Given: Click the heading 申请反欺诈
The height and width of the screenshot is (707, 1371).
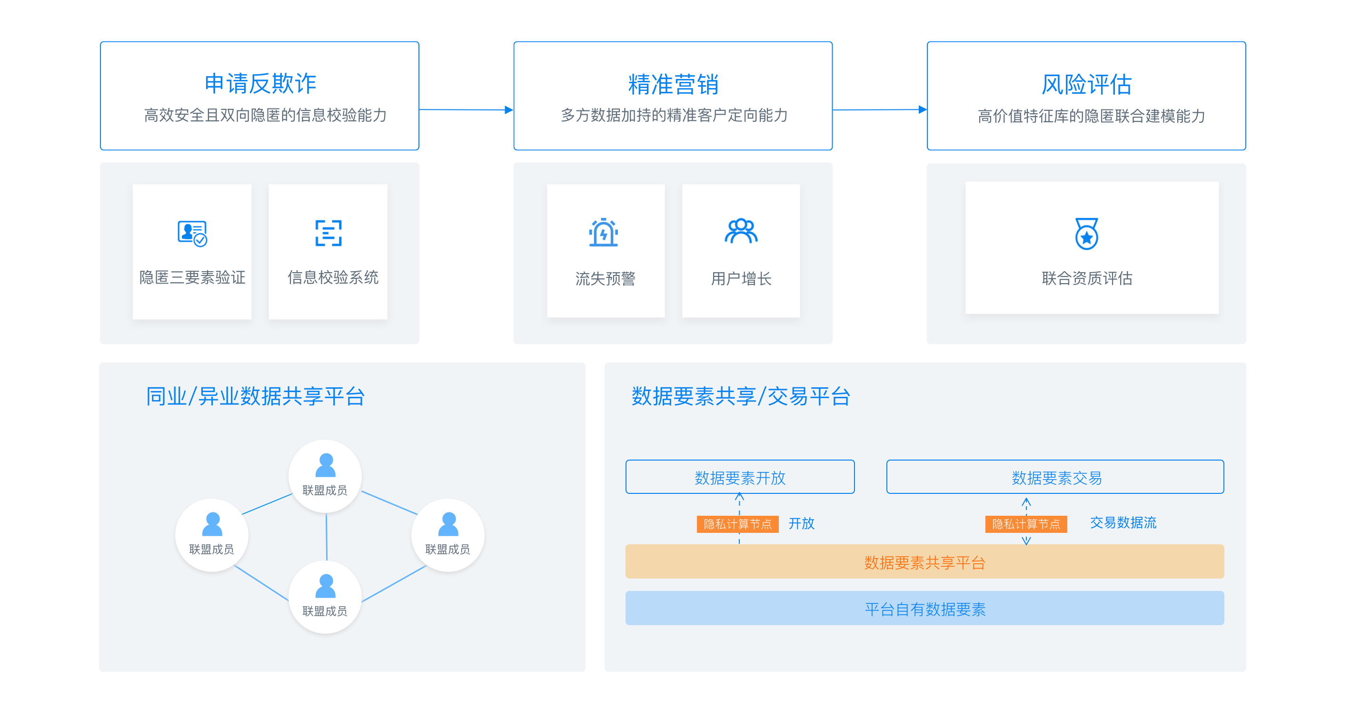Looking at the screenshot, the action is click(x=260, y=84).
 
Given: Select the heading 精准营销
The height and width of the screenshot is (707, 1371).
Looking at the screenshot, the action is click(x=673, y=84).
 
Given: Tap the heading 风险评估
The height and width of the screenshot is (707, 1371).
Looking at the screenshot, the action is click(x=1086, y=84).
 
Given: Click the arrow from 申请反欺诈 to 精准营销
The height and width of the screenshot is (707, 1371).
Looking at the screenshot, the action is click(x=466, y=110).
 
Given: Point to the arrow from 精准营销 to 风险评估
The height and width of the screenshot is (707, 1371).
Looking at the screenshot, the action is click(x=880, y=110).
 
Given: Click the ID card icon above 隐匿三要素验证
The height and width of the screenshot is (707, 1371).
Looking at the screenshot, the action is click(x=192, y=234).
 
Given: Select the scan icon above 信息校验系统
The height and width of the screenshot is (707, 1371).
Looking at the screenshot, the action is click(x=328, y=233).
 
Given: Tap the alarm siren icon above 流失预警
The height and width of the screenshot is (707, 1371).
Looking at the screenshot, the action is click(x=604, y=232).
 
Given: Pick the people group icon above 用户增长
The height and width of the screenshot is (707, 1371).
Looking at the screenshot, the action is click(x=741, y=231).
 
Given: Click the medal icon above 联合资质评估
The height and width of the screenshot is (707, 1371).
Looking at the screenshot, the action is click(x=1087, y=234).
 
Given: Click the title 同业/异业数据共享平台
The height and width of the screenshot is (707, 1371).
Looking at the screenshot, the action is click(x=256, y=396).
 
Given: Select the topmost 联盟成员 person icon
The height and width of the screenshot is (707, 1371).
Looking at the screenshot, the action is click(x=325, y=465).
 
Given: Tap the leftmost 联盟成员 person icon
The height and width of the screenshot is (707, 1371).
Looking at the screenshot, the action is click(x=212, y=524).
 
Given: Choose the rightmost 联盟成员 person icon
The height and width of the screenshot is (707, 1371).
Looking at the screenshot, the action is click(x=448, y=524).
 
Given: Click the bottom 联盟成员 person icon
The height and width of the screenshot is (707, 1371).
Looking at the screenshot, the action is click(x=325, y=586).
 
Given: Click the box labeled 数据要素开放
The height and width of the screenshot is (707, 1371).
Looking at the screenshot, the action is click(x=740, y=477).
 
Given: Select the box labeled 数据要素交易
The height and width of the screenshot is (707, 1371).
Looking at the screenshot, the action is click(x=1055, y=477).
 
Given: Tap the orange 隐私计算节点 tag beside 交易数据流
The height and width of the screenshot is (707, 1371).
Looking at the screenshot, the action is click(x=1026, y=524).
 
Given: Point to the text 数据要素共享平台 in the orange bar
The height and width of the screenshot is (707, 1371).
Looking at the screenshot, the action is click(x=925, y=562).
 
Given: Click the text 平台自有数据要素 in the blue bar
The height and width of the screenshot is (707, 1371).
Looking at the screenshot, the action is click(x=925, y=609).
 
